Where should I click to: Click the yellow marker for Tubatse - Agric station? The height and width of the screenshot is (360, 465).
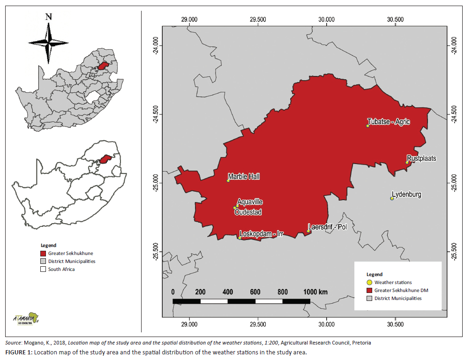(368, 126)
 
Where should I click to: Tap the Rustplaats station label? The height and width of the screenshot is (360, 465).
(421, 158)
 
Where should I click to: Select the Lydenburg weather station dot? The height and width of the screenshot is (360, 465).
(392, 198)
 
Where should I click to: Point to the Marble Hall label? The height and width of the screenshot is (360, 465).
(244, 177)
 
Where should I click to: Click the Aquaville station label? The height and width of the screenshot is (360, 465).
(250, 202)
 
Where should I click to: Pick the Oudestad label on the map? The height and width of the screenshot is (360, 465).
(248, 212)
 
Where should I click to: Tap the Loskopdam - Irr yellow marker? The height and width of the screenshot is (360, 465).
(240, 238)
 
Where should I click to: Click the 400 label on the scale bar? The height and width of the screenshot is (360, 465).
(228, 292)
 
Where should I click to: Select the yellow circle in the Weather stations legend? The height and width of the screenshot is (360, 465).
(369, 282)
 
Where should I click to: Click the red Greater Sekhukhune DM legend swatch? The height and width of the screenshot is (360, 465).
(369, 290)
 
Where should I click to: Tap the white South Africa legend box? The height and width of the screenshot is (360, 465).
(44, 269)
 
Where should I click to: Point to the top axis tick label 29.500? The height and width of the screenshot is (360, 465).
(258, 20)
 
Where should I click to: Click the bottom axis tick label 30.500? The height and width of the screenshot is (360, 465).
(395, 324)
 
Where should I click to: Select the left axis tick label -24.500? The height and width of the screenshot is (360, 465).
(155, 114)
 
